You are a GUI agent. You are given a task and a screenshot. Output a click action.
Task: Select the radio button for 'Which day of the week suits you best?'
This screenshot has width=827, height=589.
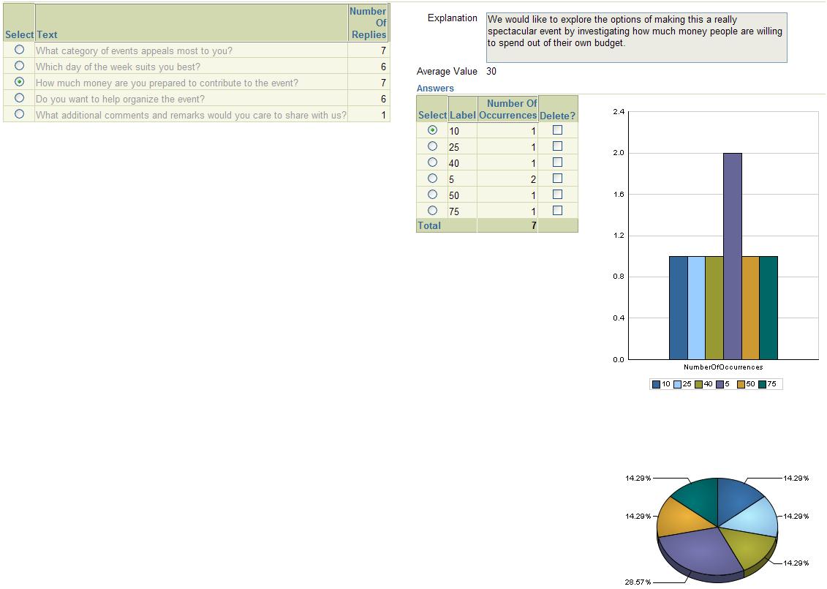(x=20, y=66)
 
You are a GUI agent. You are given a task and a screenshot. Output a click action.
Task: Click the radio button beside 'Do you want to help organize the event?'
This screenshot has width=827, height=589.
(x=20, y=98)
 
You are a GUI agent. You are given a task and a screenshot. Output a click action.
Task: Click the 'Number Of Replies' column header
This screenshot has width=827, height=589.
(x=368, y=23)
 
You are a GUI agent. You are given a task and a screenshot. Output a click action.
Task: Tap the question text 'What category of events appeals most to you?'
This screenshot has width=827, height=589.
(x=134, y=50)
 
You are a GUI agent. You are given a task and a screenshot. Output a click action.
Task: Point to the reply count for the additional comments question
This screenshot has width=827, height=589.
(x=383, y=115)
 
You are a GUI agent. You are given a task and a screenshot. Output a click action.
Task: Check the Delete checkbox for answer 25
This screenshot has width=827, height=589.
(x=557, y=146)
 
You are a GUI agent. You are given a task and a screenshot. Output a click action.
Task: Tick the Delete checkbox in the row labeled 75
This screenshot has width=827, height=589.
(x=557, y=211)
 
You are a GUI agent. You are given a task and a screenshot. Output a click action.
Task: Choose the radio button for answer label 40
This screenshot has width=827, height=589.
(x=432, y=162)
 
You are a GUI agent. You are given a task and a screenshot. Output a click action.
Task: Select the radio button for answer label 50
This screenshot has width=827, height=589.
(x=432, y=195)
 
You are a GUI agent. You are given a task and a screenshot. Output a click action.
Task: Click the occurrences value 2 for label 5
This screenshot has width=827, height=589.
(x=533, y=179)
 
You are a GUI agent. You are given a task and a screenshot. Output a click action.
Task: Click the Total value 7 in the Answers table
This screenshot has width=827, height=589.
(x=533, y=225)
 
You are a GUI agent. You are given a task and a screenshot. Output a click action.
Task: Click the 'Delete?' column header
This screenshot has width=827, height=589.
(x=557, y=116)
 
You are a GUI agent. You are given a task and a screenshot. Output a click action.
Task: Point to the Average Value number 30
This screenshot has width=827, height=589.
(x=491, y=71)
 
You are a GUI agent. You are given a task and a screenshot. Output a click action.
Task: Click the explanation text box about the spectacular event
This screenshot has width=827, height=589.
(x=636, y=37)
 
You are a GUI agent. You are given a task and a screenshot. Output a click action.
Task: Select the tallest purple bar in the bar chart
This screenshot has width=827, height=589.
(x=733, y=256)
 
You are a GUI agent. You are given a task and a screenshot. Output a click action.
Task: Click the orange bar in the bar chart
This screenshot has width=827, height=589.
(x=751, y=307)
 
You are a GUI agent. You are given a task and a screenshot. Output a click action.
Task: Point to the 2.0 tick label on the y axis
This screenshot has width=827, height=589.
(x=619, y=153)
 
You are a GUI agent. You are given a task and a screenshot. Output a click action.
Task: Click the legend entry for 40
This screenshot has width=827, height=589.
(x=703, y=384)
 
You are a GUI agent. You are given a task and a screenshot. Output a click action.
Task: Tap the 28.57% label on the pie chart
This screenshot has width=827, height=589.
(x=637, y=582)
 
